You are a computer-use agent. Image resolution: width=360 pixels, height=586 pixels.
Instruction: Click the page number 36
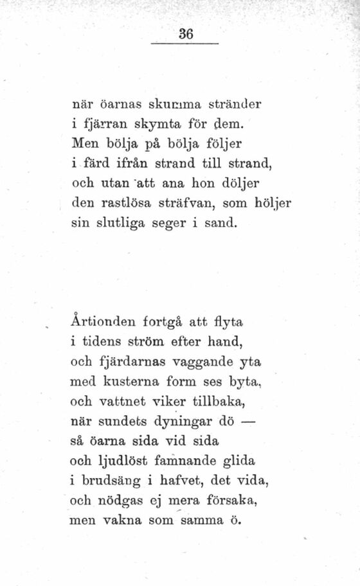coord(186,35)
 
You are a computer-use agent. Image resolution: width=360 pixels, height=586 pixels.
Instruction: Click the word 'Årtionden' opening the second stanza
coord(104,318)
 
